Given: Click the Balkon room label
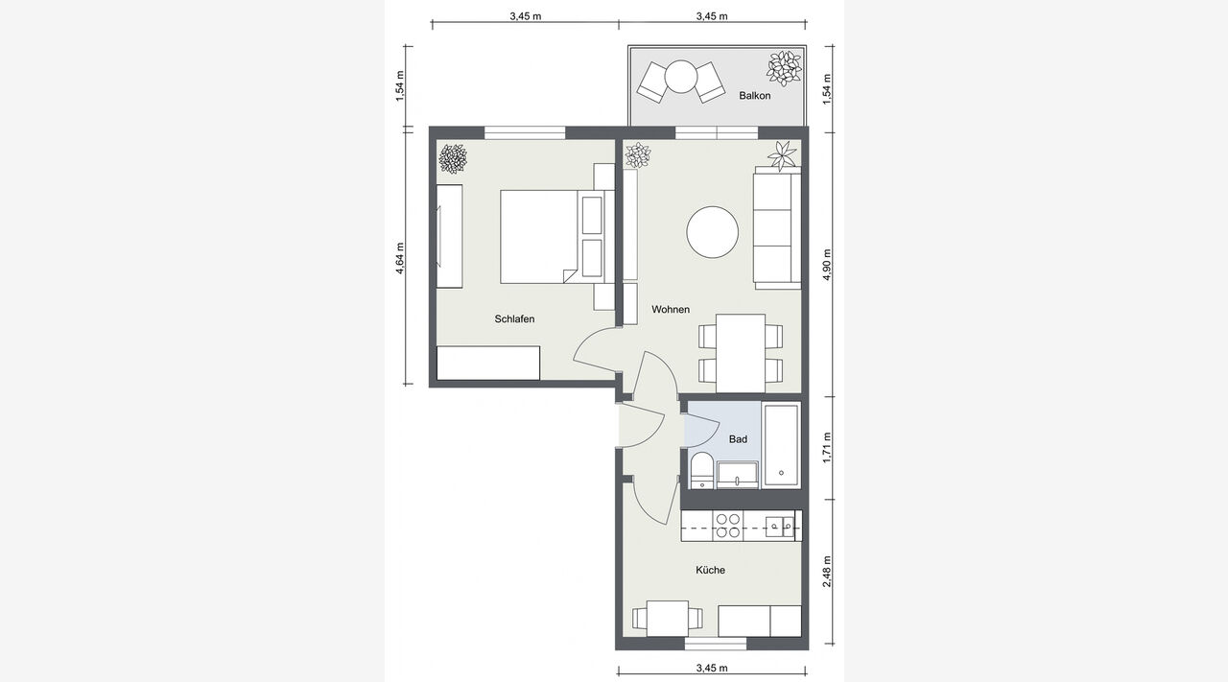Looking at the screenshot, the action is pos(754,95).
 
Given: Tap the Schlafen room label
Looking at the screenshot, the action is pos(514,319).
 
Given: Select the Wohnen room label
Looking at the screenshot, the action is pos(671,309).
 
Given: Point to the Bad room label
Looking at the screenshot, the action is pos(738,439).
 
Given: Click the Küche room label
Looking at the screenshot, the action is pos(711,570).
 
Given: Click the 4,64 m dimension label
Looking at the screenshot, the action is pos(400,258).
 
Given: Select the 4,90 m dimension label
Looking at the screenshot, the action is pos(827,265).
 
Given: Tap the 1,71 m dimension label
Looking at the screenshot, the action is pos(827,447).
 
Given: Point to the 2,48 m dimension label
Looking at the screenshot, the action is pos(827,572).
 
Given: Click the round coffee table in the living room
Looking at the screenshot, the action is pos(712,232).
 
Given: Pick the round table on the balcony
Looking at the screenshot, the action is pos(681,76).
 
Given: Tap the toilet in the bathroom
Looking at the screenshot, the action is pos(701,470).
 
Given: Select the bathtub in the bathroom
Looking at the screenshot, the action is pos(781,445).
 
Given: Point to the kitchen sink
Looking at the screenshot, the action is pos(780,526).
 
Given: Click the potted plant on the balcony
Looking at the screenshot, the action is pos(784,68).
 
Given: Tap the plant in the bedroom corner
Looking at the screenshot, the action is pos(453,158).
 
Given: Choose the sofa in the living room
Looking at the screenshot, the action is pos(777,227).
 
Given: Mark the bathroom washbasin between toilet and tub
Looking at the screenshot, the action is pos(738,475).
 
